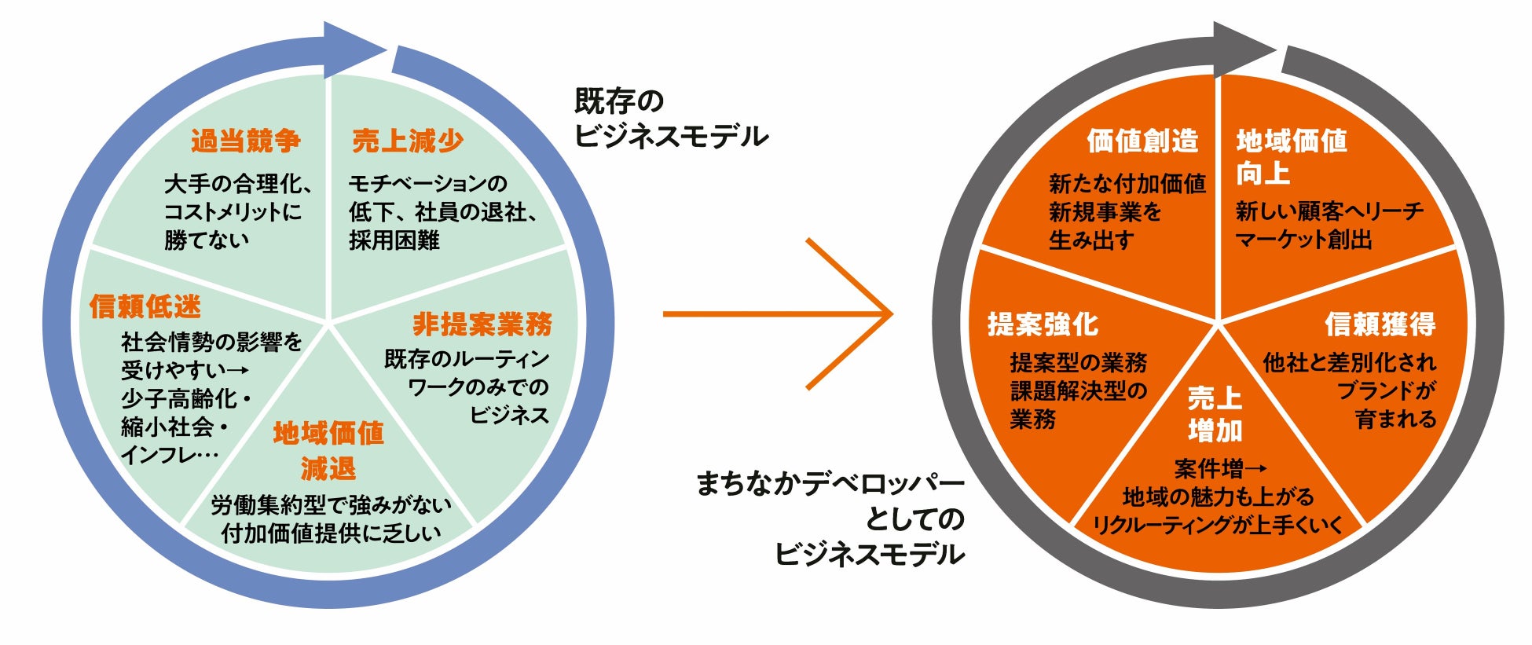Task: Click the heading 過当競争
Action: tap(246, 141)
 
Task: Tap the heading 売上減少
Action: tap(408, 141)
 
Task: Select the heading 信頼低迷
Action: tap(145, 306)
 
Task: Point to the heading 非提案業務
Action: tap(482, 324)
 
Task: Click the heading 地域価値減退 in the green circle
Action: tap(328, 451)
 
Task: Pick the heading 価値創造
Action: tap(1142, 141)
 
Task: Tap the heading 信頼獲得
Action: tap(1380, 324)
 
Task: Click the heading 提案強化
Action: tap(1043, 324)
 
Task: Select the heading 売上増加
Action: tap(1215, 414)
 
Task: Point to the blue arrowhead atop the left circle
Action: tap(354, 49)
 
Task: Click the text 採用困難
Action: tap(394, 240)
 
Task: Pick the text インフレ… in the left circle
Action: tap(170, 455)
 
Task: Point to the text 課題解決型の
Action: tap(1079, 391)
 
